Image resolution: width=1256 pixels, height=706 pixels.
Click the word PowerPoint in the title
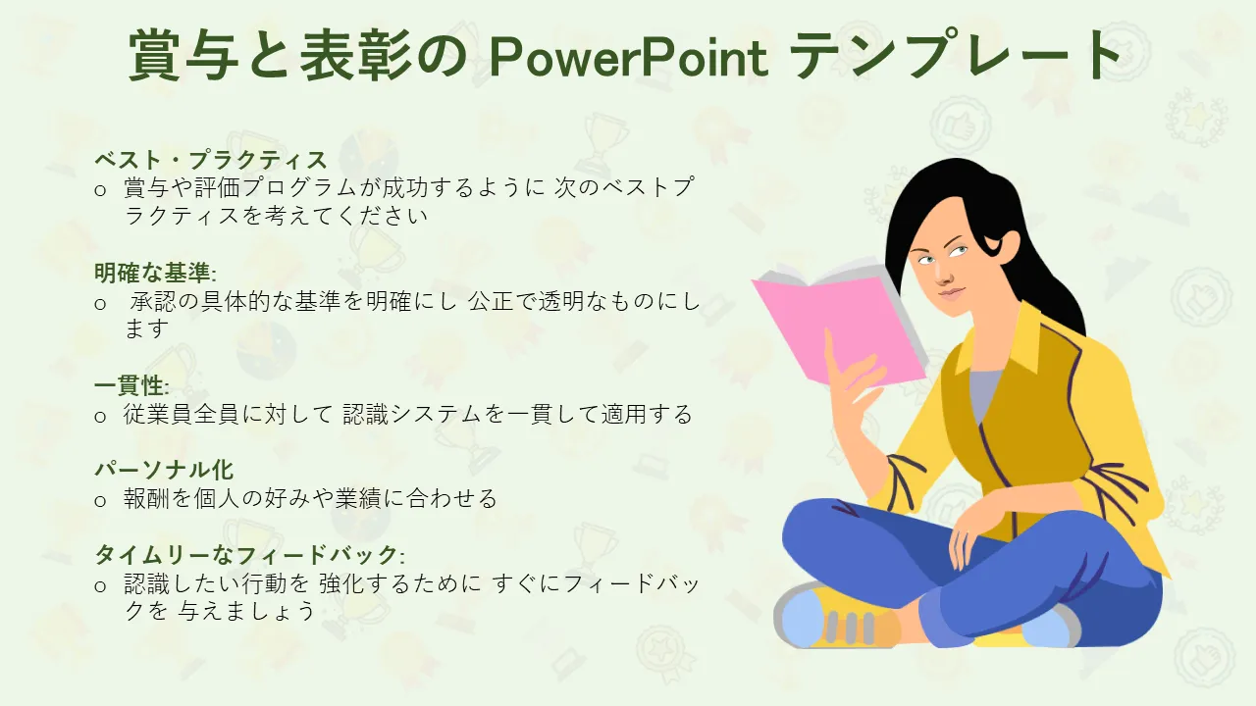(x=629, y=57)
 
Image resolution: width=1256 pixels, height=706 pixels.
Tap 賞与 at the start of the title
(x=183, y=56)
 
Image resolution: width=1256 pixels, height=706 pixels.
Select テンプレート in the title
(x=956, y=55)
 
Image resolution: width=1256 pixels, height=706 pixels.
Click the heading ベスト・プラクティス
(x=210, y=160)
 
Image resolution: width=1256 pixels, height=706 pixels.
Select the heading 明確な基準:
(x=155, y=273)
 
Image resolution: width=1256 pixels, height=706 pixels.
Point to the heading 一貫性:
(x=131, y=385)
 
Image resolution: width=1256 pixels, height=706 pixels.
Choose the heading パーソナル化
(x=164, y=470)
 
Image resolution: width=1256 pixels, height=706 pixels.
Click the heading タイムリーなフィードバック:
(x=249, y=555)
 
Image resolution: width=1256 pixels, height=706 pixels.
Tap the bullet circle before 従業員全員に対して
(x=100, y=417)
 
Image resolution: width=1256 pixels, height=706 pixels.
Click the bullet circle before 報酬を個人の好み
(x=100, y=501)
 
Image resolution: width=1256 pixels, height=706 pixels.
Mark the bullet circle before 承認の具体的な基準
(x=100, y=304)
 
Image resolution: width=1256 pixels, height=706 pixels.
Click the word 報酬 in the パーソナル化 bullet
(x=146, y=498)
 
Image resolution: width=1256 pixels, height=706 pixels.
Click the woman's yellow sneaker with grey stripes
(x=835, y=617)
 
